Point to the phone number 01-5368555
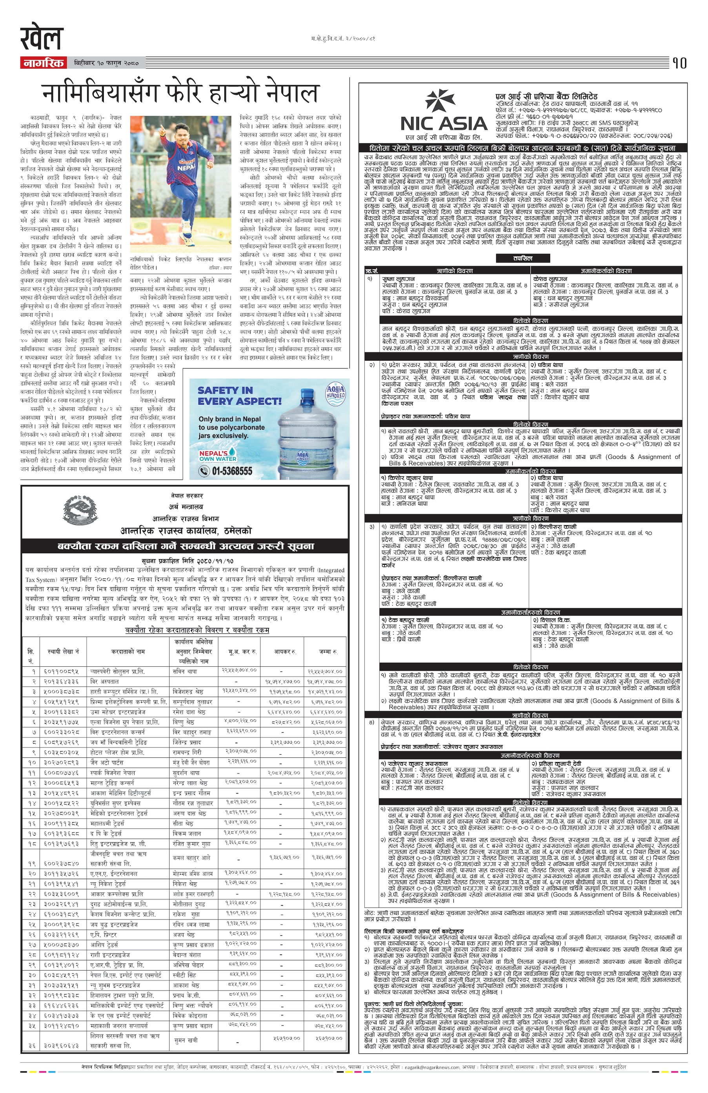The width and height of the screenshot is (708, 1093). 232,471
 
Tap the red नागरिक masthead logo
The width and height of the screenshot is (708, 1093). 43,62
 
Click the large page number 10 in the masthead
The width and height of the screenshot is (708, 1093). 679,63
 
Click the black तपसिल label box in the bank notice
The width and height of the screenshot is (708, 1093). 522,259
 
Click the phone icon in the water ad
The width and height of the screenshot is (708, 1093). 204,471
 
